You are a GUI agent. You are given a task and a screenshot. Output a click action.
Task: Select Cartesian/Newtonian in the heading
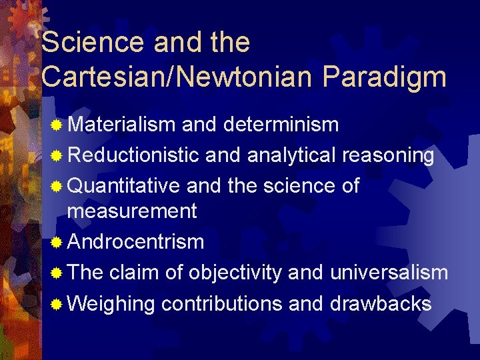pos(177,77)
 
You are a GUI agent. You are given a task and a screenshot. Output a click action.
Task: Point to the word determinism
pos(281,125)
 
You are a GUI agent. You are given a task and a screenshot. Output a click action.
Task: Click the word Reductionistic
pos(133,155)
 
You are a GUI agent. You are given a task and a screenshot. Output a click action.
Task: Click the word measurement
pos(132,211)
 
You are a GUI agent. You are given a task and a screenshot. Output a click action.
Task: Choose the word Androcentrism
pos(135,241)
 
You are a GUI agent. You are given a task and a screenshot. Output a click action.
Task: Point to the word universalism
pos(388,272)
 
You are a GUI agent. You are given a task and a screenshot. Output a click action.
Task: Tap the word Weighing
pos(111,304)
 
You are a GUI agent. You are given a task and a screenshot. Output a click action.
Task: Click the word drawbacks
pos(381,303)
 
